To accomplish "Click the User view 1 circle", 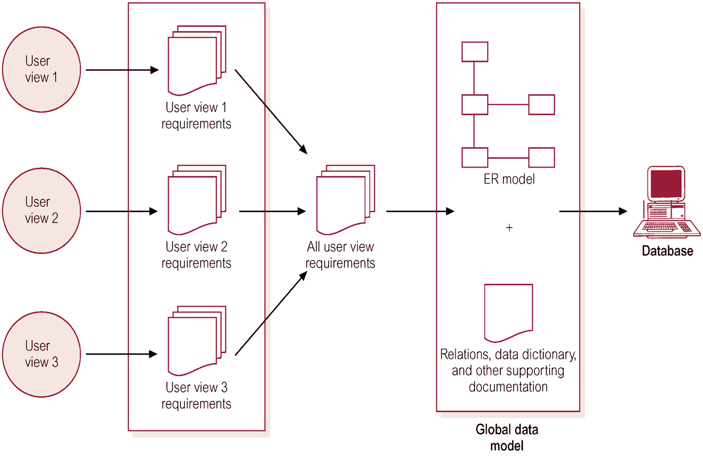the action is point(41,69).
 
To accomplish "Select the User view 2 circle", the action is point(41,211).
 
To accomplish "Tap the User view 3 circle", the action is point(41,354).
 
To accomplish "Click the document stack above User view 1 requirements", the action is point(197,61).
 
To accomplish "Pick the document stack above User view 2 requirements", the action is point(197,200).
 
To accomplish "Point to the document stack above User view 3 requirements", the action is point(197,341).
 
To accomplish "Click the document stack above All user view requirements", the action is point(345,200).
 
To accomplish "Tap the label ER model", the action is point(509,179).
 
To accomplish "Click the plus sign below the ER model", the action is point(509,227).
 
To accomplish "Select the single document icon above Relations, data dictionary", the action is point(508,313).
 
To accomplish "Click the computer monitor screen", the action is point(666,184).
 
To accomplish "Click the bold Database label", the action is point(668,251).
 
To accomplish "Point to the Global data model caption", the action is point(507,437).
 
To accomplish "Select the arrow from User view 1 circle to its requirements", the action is point(122,70).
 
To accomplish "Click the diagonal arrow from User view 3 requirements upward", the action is point(271,313).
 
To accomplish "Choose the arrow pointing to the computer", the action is point(593,211).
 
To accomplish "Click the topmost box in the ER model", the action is point(475,52).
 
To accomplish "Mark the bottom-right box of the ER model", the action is point(542,158).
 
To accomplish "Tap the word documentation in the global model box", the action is point(508,387).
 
